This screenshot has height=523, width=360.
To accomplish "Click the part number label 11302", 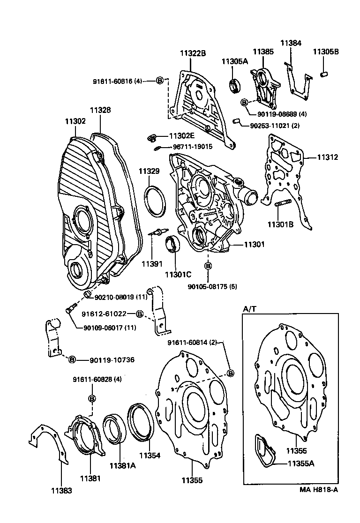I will [75, 121].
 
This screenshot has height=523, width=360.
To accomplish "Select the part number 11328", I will [100, 110].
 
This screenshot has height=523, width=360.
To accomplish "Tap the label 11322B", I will [192, 53].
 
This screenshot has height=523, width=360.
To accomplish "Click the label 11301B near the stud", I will [280, 224].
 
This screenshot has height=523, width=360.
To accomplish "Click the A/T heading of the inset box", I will [249, 309].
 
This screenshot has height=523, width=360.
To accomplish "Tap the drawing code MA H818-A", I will [319, 490].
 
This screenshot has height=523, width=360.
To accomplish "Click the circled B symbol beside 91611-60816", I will [159, 81].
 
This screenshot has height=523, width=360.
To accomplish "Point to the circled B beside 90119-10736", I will [72, 360].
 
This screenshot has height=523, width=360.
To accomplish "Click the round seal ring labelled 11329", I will [155, 201].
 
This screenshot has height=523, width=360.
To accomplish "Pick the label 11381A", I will [122, 465].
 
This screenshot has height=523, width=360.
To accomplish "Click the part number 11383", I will [62, 491].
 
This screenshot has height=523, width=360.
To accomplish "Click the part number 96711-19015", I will [193, 147].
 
